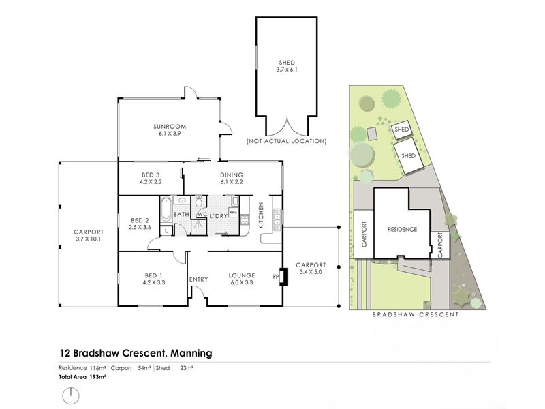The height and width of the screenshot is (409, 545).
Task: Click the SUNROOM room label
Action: click(170, 127)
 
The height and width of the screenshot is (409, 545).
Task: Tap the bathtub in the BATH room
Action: click(166, 209)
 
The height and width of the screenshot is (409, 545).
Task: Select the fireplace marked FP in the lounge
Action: click(284, 277)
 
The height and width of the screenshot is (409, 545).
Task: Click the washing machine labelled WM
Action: click(233, 212)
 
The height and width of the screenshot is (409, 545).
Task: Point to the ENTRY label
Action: click(198, 279)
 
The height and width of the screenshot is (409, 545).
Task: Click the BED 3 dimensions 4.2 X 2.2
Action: click(151, 181)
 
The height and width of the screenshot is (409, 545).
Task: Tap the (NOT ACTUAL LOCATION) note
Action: click(286, 141)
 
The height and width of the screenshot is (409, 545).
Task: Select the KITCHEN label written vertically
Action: click(261, 215)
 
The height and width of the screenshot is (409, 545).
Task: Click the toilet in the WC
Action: click(199, 202)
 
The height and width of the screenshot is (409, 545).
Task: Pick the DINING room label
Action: click(232, 175)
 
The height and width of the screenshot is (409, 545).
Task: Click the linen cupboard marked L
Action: click(166, 230)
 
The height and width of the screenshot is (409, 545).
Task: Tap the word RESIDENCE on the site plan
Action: click(402, 230)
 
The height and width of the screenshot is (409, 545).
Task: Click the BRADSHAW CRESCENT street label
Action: click(416, 314)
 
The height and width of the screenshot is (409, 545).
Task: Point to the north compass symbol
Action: click(71, 396)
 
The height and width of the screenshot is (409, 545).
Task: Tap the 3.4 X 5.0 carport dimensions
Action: click(311, 272)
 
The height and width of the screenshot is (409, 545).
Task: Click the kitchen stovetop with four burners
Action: click(245, 219)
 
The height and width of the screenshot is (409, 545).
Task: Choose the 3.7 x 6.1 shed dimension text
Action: click(287, 70)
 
